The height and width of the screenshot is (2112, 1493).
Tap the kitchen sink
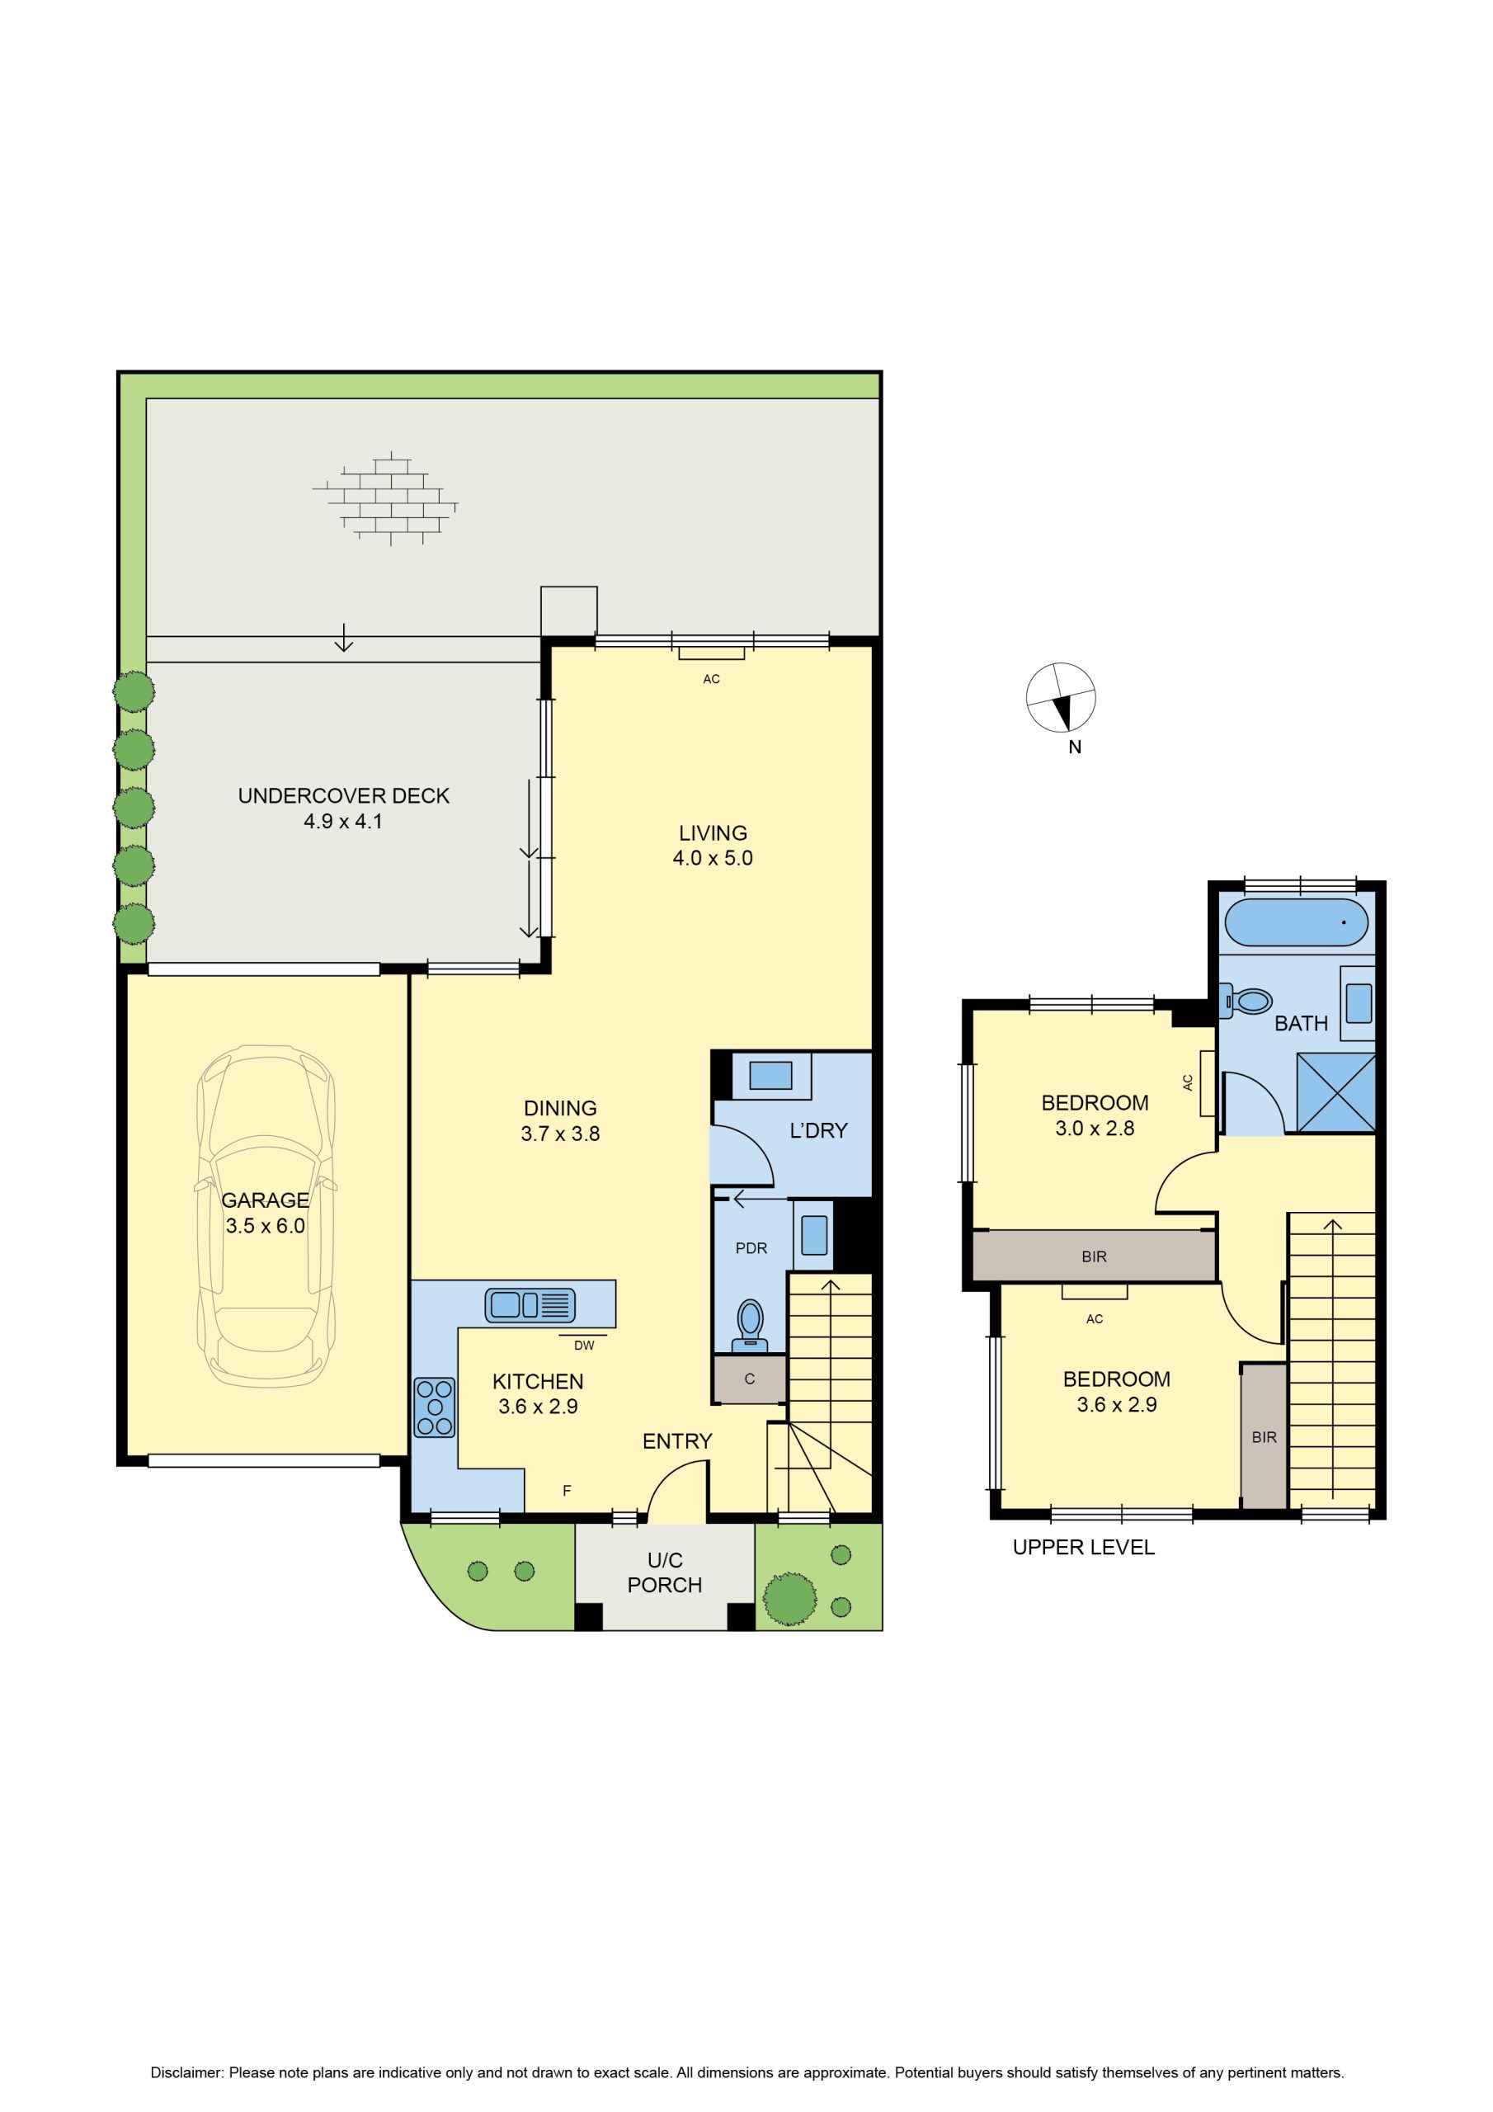coord(530,1304)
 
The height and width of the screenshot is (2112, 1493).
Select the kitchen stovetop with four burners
coord(434,1407)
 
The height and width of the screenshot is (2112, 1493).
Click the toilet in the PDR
coord(751,1325)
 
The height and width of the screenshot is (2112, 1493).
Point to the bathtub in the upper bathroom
coord(1296,922)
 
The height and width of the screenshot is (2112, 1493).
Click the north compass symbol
coord(1062,698)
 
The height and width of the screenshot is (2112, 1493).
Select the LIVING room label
coord(713,833)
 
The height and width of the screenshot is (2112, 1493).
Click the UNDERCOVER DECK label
coord(344,795)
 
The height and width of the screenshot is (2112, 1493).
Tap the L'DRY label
coord(819,1130)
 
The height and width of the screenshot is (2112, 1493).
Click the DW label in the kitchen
coord(584,1345)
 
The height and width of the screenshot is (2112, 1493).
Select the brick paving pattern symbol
coord(385,498)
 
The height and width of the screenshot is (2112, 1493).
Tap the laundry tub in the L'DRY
coord(771,1075)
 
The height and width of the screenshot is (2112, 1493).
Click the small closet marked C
coord(750,1379)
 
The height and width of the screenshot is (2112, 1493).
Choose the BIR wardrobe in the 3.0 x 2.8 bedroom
coord(1094,1256)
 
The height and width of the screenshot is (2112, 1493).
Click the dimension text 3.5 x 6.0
coord(265,1225)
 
